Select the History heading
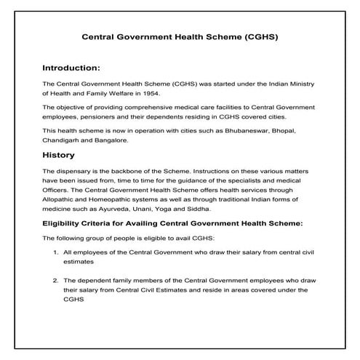click(x=60, y=155)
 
